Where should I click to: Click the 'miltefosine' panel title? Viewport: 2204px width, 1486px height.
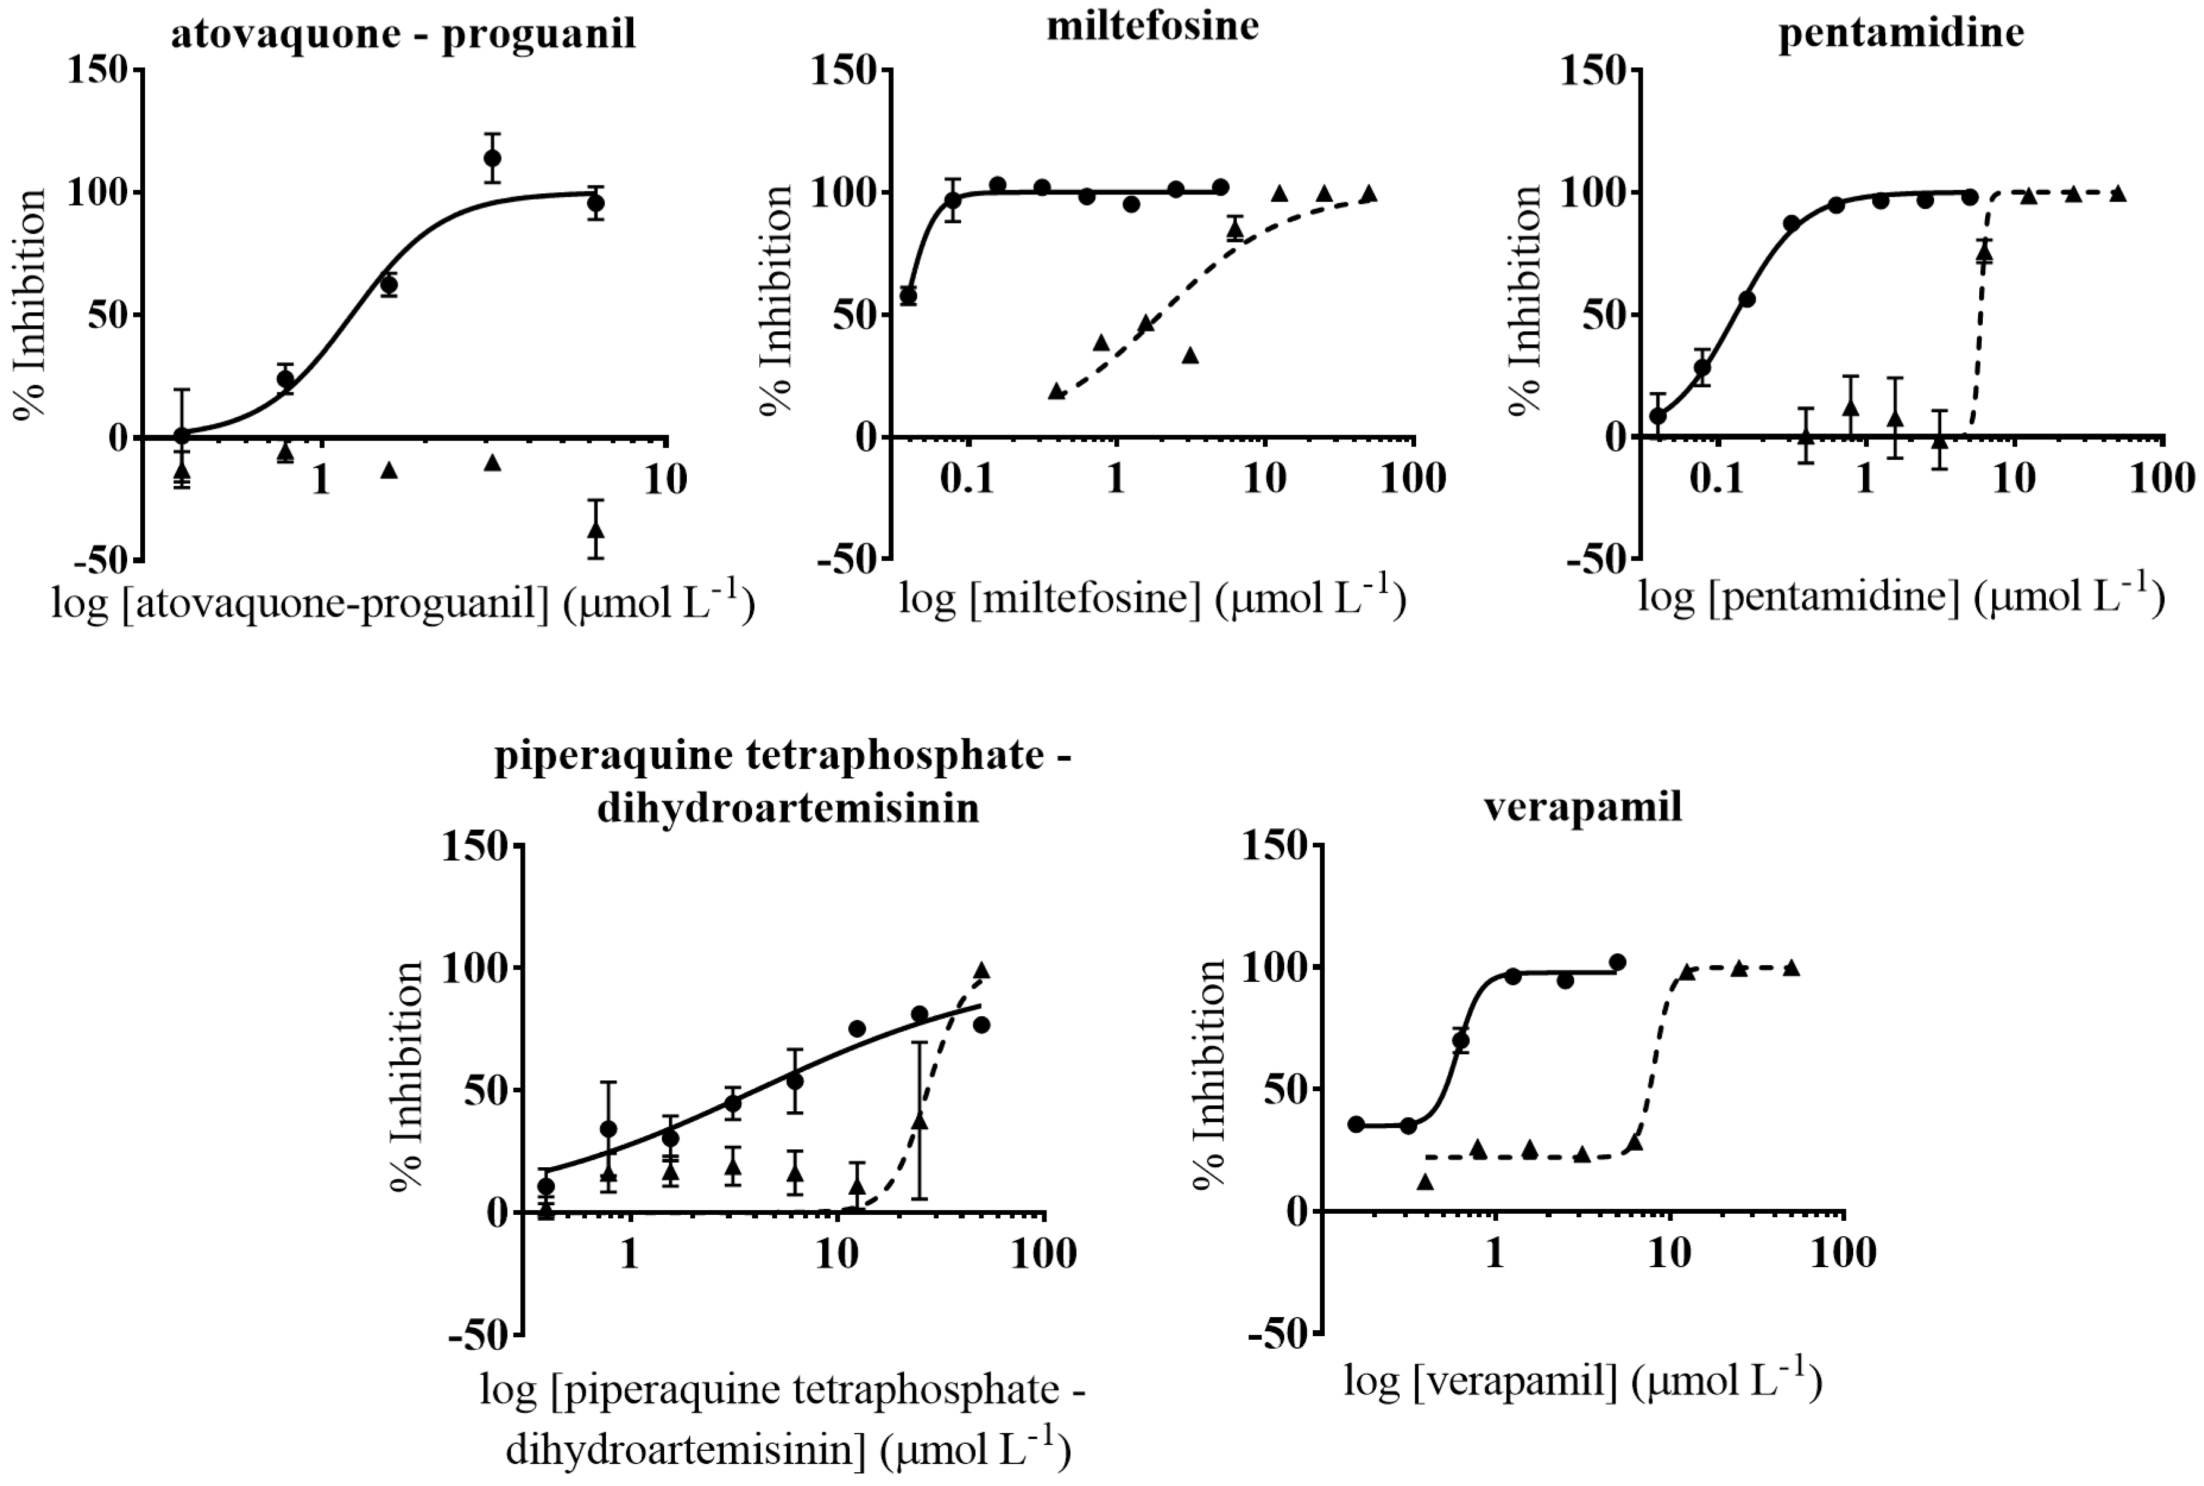pyautogui.click(x=1152, y=26)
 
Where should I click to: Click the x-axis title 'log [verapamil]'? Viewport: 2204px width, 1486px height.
pyautogui.click(x=1583, y=1382)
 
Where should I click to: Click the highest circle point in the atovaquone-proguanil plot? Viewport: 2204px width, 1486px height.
pyautogui.click(x=492, y=158)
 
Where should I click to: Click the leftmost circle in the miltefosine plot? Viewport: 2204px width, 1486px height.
pyautogui.click(x=908, y=296)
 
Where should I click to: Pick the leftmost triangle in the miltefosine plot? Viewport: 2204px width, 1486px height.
pyautogui.click(x=1057, y=391)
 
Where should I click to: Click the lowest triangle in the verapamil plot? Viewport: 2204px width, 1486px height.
pyautogui.click(x=1425, y=1181)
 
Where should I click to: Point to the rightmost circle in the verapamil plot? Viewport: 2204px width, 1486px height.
pyautogui.click(x=1617, y=963)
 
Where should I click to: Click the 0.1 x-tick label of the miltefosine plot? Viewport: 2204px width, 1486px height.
pyautogui.click(x=967, y=479)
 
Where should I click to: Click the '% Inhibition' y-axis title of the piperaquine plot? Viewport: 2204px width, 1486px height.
pyautogui.click(x=407, y=1076)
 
